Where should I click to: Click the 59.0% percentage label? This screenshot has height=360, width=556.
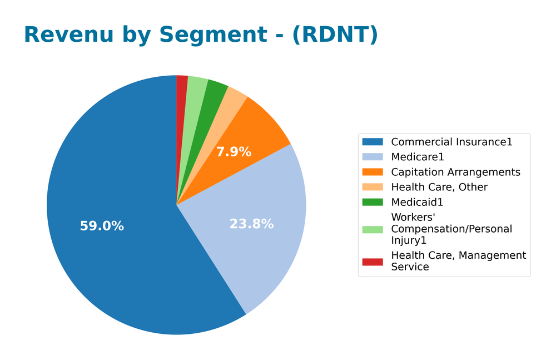102,226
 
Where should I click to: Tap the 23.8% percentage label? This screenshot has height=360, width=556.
251,224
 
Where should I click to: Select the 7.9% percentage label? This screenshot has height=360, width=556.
234,152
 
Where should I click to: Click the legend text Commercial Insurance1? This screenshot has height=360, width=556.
451,142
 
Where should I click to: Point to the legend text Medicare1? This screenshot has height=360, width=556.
418,157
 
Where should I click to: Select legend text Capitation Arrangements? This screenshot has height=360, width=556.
455,172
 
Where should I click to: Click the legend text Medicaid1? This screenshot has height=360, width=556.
417,202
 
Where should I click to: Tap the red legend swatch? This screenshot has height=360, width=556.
372,262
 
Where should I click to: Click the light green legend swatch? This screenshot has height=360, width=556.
372,229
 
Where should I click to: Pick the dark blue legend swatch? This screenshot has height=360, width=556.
372,142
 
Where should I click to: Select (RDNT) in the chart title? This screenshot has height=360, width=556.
335,34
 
